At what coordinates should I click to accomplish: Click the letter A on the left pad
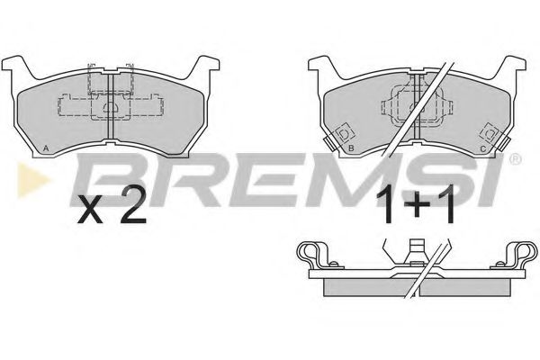pyautogui.click(x=46, y=148)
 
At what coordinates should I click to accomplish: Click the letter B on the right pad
pyautogui.click(x=351, y=148)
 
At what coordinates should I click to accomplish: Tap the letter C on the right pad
pyautogui.click(x=482, y=148)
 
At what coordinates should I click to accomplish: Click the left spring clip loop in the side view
pyautogui.click(x=310, y=253)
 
